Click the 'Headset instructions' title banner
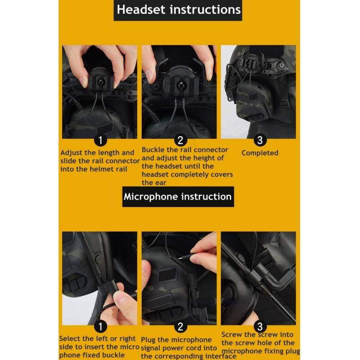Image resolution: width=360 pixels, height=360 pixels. pyautogui.click(x=178, y=10)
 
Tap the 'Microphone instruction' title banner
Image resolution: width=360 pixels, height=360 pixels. pyautogui.click(x=178, y=197)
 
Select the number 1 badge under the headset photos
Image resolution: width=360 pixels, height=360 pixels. pyautogui.click(x=100, y=140)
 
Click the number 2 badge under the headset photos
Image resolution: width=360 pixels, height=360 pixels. pyautogui.click(x=180, y=140)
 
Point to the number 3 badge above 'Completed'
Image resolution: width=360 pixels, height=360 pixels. pyautogui.click(x=260, y=140)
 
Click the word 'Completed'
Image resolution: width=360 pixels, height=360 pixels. pyautogui.click(x=260, y=153)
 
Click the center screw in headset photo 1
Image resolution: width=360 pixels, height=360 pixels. pyautogui.click(x=101, y=82)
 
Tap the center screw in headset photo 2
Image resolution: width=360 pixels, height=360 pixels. pyautogui.click(x=180, y=85)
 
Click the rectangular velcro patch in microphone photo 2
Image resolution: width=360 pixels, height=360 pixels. pyautogui.click(x=167, y=274)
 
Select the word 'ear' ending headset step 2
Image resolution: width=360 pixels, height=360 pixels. pyautogui.click(x=161, y=183)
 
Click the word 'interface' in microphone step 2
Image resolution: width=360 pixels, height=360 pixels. pyautogui.click(x=220, y=356)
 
